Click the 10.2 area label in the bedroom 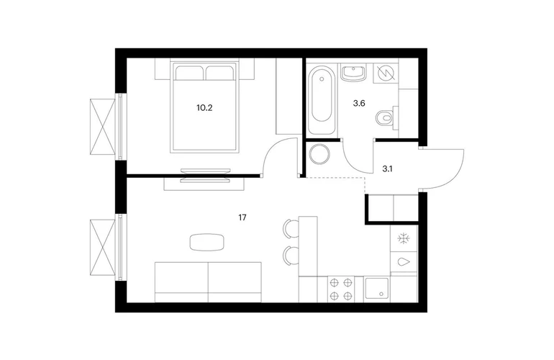click(204, 108)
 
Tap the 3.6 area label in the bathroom click(358, 104)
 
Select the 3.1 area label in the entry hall click(387, 169)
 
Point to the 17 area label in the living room click(242, 217)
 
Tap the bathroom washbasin click(353, 73)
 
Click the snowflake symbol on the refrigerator click(404, 239)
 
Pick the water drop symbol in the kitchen click(404, 261)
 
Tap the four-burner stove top click(341, 289)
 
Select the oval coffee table click(206, 242)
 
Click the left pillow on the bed click(189, 73)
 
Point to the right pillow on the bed click(219, 73)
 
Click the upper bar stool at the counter click(291, 228)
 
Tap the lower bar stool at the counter click(291, 256)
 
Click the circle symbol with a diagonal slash click(386, 73)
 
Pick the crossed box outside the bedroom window click(103, 127)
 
